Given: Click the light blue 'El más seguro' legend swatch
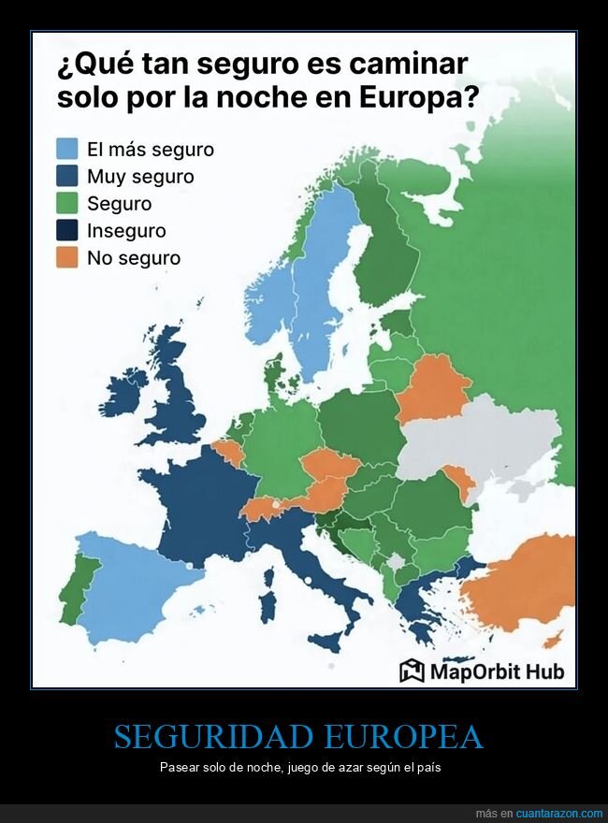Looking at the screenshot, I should (x=67, y=149).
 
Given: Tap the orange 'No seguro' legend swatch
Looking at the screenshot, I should (x=67, y=257).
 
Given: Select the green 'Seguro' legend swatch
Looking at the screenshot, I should (x=67, y=203).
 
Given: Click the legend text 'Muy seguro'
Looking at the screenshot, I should (x=140, y=176).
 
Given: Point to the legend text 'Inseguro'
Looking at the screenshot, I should (x=126, y=230).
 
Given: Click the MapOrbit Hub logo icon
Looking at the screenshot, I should (x=412, y=671).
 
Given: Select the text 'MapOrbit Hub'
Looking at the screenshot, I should (x=497, y=671).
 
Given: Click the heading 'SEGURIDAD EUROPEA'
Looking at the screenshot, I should (x=298, y=737).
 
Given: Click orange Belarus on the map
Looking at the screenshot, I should (x=432, y=388).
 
